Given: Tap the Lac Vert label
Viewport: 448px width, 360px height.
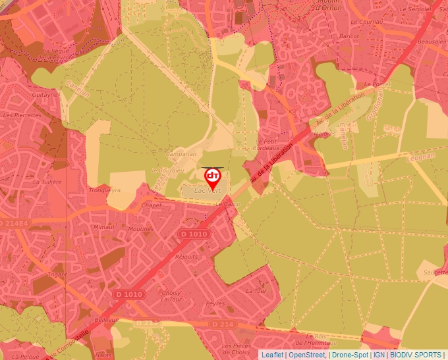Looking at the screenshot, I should [x=208, y=191].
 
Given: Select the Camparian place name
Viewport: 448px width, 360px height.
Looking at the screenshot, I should [x=181, y=154].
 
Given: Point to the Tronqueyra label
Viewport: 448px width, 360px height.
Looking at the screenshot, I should [x=105, y=190].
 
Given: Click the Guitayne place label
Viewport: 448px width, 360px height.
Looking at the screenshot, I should [x=45, y=94].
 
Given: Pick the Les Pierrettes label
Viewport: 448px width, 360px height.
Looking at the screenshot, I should [x=22, y=115].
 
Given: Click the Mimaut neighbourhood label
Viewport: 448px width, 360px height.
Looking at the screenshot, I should [x=105, y=226].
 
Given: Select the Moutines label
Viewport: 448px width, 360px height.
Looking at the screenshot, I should [x=140, y=229].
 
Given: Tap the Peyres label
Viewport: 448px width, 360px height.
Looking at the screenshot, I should [x=215, y=304].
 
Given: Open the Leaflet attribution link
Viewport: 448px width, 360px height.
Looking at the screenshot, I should [x=271, y=355].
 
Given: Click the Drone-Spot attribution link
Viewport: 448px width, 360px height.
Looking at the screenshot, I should [x=350, y=355].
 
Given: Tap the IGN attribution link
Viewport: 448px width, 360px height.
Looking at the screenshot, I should [x=379, y=355].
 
